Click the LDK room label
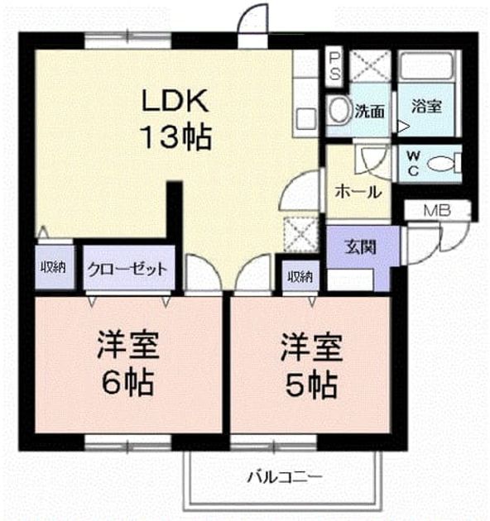point(175,100)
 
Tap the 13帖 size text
point(177,137)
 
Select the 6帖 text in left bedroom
point(128,382)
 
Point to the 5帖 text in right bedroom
point(312,385)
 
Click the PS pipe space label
point(334,67)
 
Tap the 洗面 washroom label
point(370,111)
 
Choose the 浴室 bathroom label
point(427,106)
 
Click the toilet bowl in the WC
point(442,164)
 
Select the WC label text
point(414,163)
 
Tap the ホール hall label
point(358,192)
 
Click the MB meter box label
point(437,210)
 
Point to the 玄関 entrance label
point(360,247)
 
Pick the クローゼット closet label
point(127,269)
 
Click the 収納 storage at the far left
point(54,267)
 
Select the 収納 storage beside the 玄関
point(300,276)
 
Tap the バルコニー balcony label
point(285,477)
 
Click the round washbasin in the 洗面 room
point(339,110)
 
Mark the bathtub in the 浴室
point(426,66)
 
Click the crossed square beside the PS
point(370,66)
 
